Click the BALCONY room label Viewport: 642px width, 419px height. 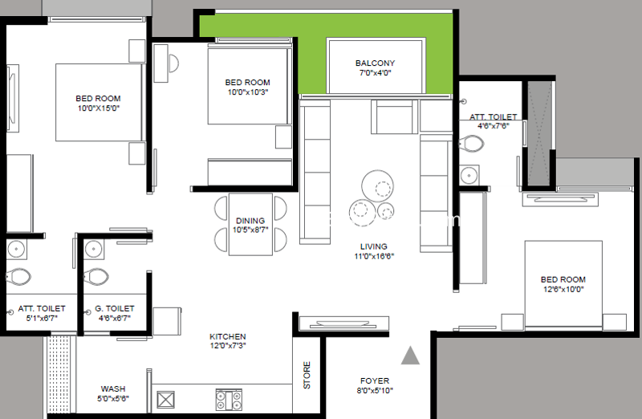click(375, 63)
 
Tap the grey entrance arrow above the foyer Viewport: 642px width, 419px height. click(410, 356)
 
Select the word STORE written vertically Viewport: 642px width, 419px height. click(307, 375)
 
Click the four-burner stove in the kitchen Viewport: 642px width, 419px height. click(229, 400)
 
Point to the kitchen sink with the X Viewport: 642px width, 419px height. click(166, 400)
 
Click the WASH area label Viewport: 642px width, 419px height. click(113, 388)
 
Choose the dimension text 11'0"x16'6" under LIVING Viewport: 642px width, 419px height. click(374, 256)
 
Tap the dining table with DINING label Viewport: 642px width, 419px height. click(250, 225)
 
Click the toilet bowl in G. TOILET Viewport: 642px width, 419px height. click(95, 276)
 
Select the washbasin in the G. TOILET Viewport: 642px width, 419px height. click(94, 249)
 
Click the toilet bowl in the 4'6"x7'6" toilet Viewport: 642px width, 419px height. click(471, 144)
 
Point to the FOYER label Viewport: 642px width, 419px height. click(375, 381)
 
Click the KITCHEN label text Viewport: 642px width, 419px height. click(228, 336)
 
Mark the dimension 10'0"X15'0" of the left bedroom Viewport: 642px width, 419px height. click(98, 108)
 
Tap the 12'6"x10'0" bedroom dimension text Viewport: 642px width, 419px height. click(563, 289)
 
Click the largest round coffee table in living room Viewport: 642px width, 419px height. click(377, 186)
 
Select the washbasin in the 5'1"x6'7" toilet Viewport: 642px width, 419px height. click(16, 249)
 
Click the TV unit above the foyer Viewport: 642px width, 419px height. click(344, 323)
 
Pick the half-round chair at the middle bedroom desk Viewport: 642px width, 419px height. click(173, 63)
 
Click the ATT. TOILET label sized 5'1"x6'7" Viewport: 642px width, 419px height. click(42, 308)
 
